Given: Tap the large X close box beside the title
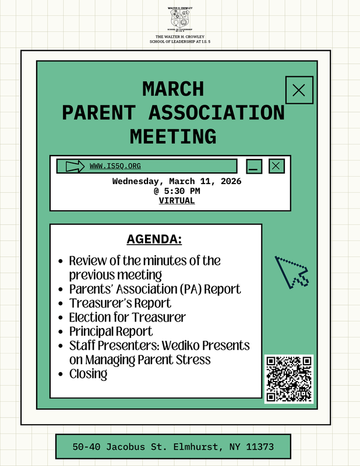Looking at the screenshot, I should pyautogui.click(x=299, y=90).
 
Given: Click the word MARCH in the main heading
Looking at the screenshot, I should pyautogui.click(x=173, y=89).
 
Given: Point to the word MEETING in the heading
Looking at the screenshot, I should pyautogui.click(x=173, y=136).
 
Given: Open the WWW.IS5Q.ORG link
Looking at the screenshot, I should pyautogui.click(x=115, y=166).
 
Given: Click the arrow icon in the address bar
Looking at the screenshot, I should pyautogui.click(x=76, y=167).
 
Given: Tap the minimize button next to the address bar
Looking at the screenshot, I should pyautogui.click(x=254, y=167).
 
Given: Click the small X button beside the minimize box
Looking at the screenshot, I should pyautogui.click(x=277, y=166).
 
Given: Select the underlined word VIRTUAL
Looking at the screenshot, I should pyautogui.click(x=177, y=200).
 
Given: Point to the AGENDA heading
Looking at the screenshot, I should pyautogui.click(x=154, y=240).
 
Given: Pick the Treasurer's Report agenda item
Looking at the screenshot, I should pyautogui.click(x=120, y=303).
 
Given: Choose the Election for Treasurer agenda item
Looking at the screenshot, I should pyautogui.click(x=127, y=317).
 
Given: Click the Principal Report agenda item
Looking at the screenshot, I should pyautogui.click(x=111, y=331).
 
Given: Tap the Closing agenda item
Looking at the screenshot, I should pyautogui.click(x=88, y=374).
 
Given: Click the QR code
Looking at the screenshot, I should pyautogui.click(x=289, y=379).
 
